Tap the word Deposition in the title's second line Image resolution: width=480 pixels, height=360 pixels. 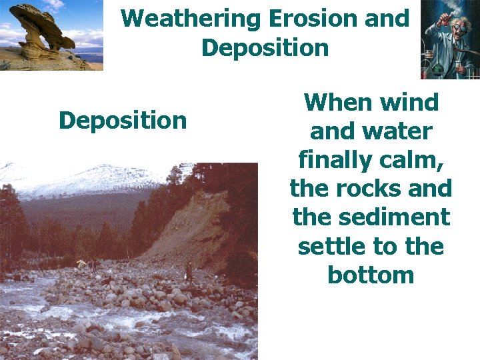coord(265,48)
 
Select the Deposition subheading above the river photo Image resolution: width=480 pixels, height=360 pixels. coord(123,121)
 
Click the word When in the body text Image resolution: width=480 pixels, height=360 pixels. coord(338,103)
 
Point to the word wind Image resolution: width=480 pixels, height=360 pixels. coord(410,103)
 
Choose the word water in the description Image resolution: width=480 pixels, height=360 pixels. coord(399,131)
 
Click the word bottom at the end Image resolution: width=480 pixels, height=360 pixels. coord(371,275)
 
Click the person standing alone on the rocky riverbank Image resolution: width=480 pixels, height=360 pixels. coord(189,270)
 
